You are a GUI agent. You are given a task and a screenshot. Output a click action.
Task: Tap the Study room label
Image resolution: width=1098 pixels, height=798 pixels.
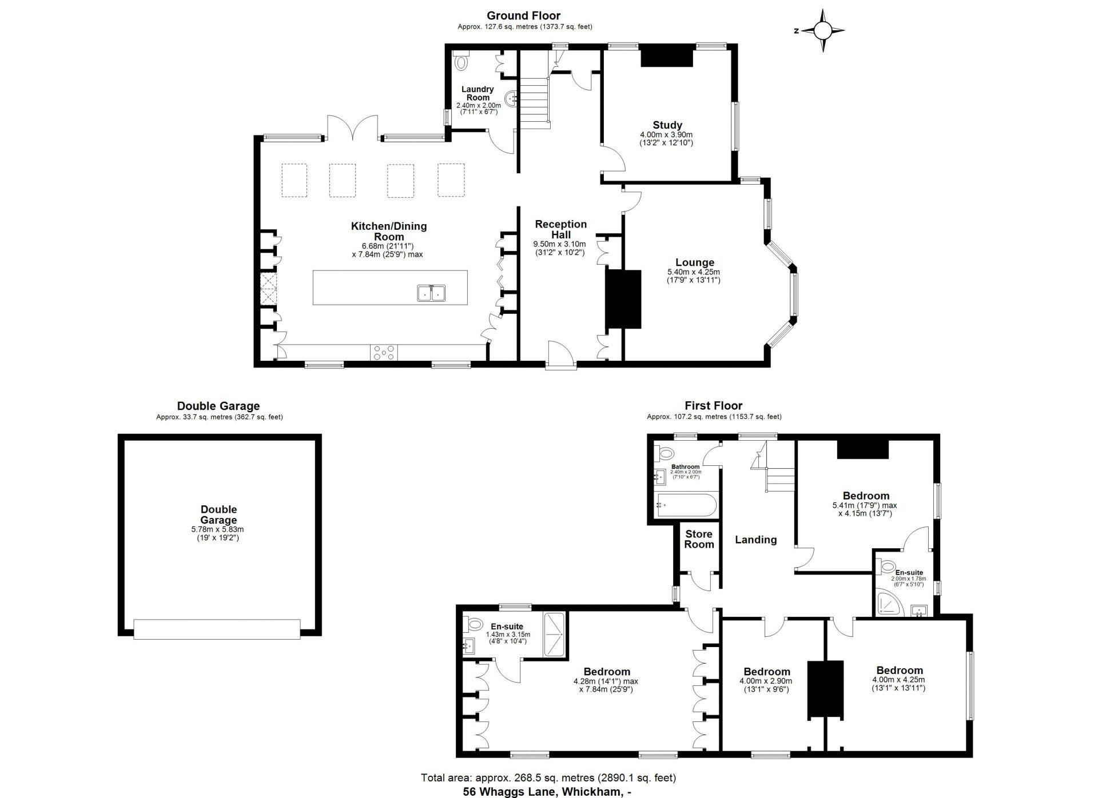(667, 125)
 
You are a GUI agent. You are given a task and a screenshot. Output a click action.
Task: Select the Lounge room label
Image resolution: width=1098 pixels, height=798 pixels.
(694, 263)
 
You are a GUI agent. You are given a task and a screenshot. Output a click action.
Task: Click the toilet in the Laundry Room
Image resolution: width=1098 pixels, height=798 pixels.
(461, 61)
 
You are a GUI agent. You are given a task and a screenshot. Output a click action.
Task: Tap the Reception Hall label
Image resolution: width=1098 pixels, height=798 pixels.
(560, 229)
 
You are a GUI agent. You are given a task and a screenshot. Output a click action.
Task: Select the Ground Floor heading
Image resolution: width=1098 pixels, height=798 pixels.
(523, 16)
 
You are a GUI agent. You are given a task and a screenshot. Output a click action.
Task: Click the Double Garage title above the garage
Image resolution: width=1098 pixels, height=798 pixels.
(218, 406)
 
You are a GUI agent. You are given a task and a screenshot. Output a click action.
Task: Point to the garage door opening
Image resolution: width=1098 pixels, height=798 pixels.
(217, 629)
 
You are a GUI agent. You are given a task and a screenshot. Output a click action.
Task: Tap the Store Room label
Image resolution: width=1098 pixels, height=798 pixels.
(699, 539)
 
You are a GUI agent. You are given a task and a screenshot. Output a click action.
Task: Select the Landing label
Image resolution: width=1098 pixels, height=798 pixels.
(755, 540)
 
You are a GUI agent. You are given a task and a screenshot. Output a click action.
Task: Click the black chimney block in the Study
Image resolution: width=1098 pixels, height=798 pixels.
(667, 57)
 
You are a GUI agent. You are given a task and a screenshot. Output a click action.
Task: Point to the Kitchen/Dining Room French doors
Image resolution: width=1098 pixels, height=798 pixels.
(353, 127)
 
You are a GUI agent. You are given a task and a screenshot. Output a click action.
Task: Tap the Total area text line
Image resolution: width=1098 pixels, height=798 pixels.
(548, 777)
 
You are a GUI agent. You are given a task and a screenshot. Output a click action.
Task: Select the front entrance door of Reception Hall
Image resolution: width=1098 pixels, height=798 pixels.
(560, 354)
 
